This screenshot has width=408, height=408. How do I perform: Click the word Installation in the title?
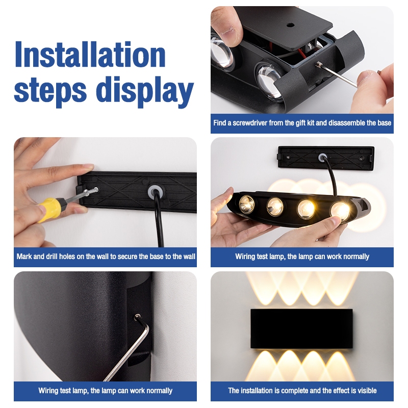[x=90, y=55]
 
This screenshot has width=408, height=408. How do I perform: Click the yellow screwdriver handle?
[x=50, y=209]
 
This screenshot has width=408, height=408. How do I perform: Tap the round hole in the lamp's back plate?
[x=290, y=25]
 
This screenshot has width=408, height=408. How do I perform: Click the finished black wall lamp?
[x=301, y=328]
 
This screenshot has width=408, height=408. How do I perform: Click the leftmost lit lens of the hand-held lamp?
[x=247, y=203]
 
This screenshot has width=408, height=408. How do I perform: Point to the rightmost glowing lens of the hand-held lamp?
[x=340, y=211]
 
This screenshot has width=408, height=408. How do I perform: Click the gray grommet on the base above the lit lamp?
[x=323, y=157]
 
